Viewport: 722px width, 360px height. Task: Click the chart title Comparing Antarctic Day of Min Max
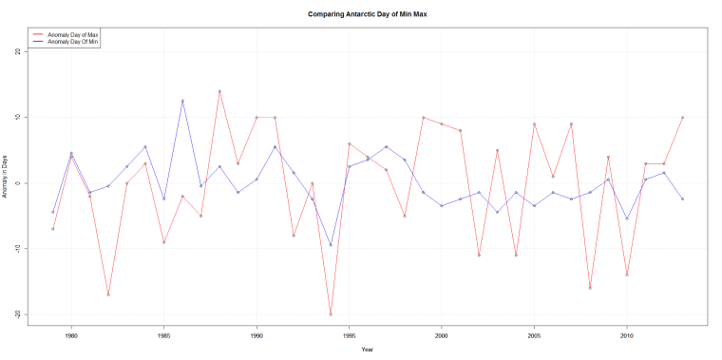[x=361, y=15]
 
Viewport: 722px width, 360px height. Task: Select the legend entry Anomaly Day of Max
[x=73, y=34]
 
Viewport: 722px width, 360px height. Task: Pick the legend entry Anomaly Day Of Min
[x=73, y=42]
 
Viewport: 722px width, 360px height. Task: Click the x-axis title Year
[x=367, y=350]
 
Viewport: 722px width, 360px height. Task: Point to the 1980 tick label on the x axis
[x=71, y=335]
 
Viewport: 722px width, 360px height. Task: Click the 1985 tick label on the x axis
[x=163, y=335]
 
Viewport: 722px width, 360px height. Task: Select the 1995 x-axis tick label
[x=349, y=335]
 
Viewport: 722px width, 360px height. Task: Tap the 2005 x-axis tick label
[x=534, y=335]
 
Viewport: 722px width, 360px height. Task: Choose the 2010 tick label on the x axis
[x=627, y=335]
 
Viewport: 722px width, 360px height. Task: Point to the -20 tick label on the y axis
[x=18, y=313]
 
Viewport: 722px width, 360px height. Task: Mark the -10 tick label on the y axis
[x=18, y=248]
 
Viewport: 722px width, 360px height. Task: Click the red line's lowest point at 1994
[x=331, y=313]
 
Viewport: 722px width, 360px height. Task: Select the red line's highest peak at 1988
[x=219, y=91]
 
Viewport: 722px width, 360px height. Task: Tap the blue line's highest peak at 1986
[x=182, y=101]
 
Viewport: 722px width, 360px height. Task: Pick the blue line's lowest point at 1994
[x=331, y=245]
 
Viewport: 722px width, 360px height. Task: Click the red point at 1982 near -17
[x=108, y=294]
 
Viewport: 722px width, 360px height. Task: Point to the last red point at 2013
[x=682, y=118]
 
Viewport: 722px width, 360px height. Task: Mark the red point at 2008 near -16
[x=590, y=288]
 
